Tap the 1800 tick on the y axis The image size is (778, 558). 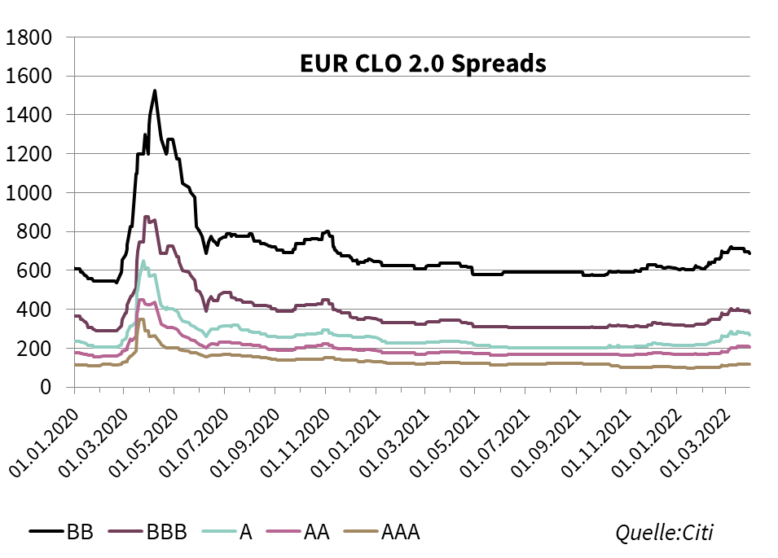(x=29, y=37)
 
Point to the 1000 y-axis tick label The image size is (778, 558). (x=29, y=193)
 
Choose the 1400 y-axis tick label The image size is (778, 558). (x=29, y=115)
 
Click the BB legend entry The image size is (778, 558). (x=62, y=533)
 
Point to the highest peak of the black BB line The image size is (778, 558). (x=155, y=90)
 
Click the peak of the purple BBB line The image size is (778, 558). (x=146, y=217)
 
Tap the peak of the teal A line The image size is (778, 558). (x=143, y=261)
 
